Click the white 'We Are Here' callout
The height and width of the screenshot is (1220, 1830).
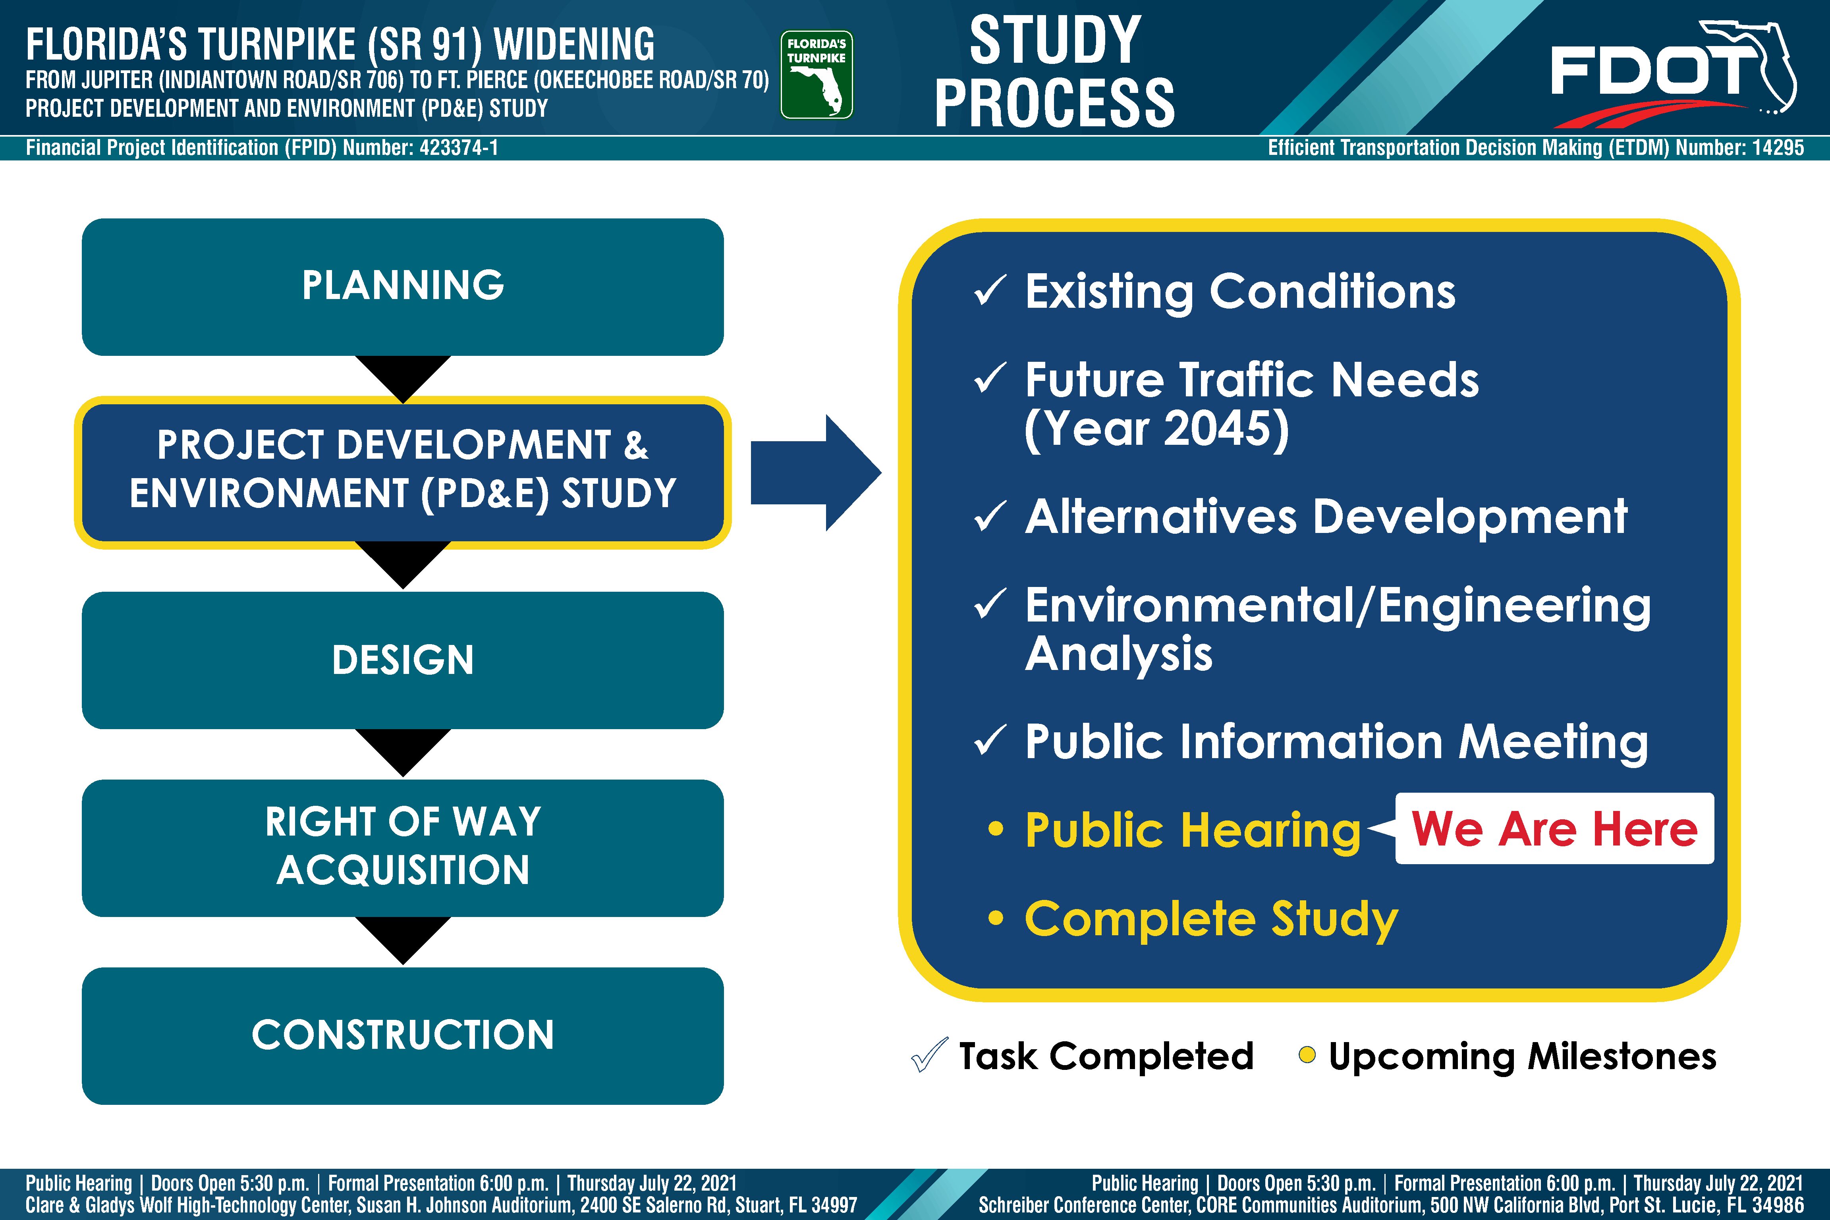point(1554,829)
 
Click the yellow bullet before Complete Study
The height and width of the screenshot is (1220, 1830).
point(995,918)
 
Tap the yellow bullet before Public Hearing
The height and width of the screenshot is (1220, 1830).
point(995,829)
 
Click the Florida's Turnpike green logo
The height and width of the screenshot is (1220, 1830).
point(816,75)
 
